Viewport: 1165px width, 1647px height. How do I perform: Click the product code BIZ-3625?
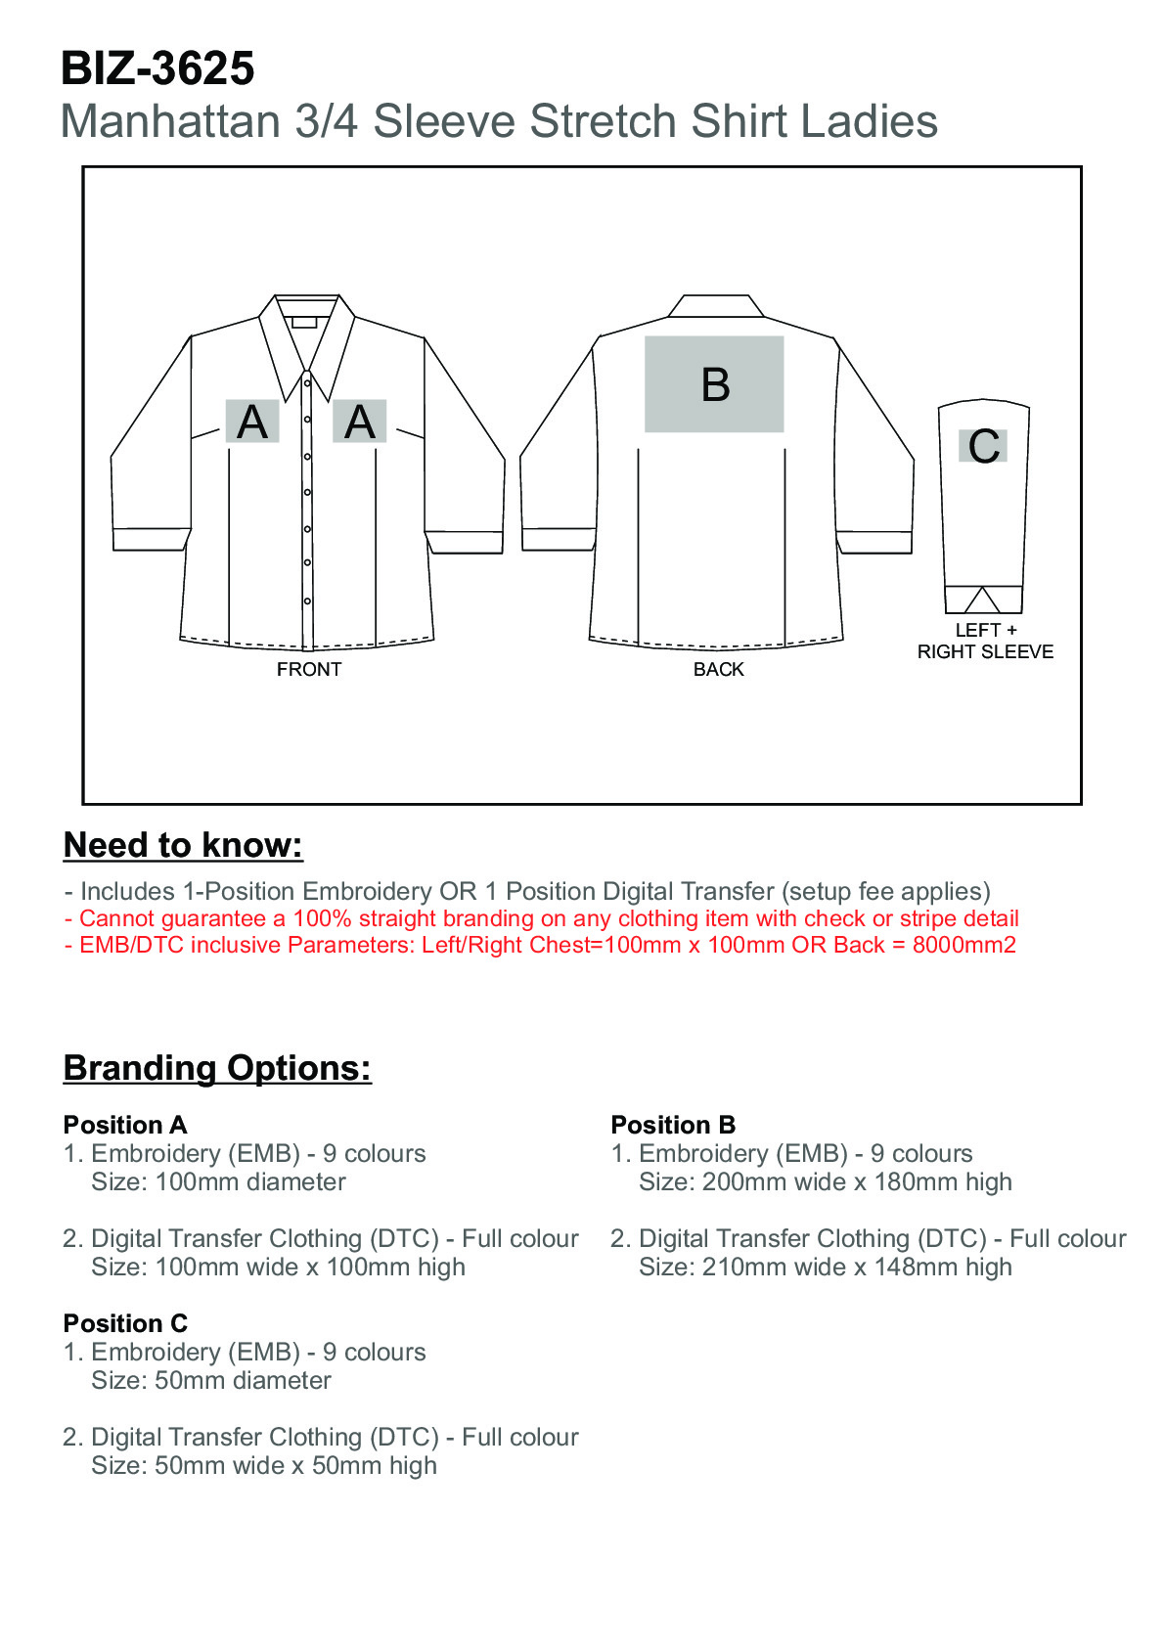click(157, 68)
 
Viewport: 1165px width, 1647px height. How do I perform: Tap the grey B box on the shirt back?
click(714, 384)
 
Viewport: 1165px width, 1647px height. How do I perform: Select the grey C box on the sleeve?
click(983, 446)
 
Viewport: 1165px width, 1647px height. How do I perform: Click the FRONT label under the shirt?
click(309, 670)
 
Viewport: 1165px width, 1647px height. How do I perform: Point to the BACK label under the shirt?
click(719, 670)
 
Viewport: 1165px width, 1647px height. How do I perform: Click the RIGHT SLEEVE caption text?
click(985, 652)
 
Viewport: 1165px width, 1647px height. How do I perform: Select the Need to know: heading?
click(183, 846)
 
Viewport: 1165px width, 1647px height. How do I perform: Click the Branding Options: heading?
click(217, 1068)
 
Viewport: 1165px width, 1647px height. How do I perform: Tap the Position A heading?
click(125, 1125)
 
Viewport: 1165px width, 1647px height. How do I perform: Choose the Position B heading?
click(673, 1125)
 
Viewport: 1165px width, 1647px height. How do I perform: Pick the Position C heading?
click(125, 1323)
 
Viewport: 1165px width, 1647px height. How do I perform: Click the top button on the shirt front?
click(307, 383)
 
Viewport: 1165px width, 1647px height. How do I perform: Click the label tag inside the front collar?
click(304, 322)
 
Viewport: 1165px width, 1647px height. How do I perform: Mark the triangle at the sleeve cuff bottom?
click(982, 601)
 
